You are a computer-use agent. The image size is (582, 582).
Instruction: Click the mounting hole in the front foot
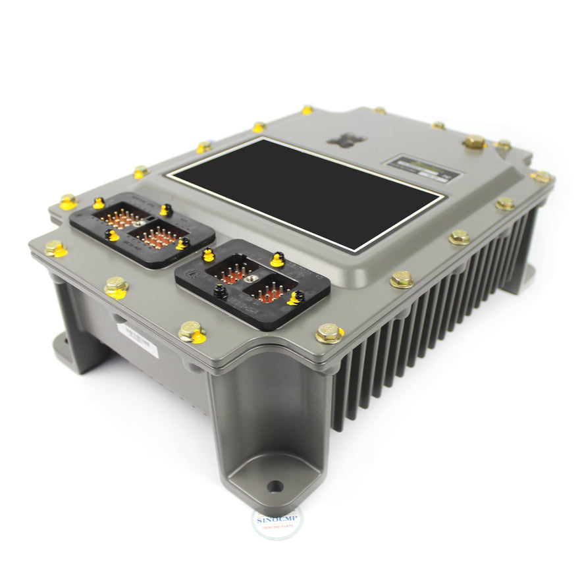tap(275, 487)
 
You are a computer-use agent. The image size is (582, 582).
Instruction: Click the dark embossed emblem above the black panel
tap(346, 139)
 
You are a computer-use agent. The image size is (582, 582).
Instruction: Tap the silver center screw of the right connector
tap(251, 282)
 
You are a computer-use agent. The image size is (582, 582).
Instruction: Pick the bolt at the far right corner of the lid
tap(541, 176)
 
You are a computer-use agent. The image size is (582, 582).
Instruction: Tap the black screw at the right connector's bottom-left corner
tap(220, 292)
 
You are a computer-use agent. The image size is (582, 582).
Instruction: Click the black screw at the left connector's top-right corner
tap(166, 210)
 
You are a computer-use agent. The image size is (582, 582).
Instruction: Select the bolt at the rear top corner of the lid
tap(306, 109)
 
